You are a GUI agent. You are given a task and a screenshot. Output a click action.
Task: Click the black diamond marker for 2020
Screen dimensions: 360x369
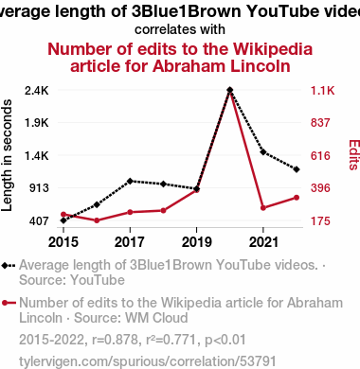[x=230, y=90]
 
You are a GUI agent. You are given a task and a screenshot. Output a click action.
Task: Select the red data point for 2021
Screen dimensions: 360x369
[x=263, y=208]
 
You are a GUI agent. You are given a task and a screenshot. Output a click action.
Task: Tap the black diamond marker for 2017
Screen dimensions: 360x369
[x=130, y=181]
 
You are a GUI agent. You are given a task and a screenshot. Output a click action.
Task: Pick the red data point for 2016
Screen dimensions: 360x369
[x=97, y=220]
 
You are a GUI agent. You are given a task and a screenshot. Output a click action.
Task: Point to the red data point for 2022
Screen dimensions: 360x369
[x=297, y=198]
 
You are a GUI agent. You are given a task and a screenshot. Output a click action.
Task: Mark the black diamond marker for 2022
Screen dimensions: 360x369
[x=297, y=169]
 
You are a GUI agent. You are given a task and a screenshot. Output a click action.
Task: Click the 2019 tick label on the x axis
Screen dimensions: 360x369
[x=196, y=242]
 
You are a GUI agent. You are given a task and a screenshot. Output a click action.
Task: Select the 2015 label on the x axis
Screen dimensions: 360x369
[x=63, y=242]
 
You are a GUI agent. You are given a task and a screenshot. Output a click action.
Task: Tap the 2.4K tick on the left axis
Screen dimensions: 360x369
[x=37, y=91]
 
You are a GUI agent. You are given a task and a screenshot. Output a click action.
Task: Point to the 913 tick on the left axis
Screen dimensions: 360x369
[x=40, y=188]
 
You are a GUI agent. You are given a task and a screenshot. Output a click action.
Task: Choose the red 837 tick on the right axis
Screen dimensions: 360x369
[x=320, y=123]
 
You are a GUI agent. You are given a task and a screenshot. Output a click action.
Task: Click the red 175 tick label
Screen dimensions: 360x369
[x=320, y=221]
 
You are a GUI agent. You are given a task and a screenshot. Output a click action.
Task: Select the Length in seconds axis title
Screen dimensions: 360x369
[x=7, y=155]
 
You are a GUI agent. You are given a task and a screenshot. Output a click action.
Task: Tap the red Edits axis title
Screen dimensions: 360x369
[x=354, y=155]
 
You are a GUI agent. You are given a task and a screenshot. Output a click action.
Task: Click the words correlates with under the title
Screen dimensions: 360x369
[x=180, y=29]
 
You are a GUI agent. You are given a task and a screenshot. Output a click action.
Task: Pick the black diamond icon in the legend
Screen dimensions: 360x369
[x=5, y=266]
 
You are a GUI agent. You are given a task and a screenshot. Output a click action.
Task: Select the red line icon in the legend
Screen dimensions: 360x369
[x=9, y=303]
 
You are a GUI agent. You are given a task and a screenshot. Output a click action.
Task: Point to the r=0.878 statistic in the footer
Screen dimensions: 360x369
[x=116, y=340]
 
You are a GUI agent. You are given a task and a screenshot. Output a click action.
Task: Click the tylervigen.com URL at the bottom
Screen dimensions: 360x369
[x=148, y=361]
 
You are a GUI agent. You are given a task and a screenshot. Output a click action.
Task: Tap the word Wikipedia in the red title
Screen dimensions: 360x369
[x=273, y=49]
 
